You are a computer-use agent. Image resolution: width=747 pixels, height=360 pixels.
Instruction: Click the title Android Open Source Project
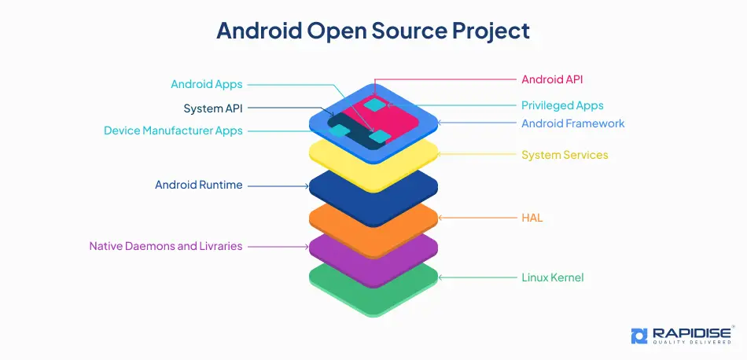click(373, 31)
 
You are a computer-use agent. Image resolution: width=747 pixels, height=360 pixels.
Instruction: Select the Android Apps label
click(207, 84)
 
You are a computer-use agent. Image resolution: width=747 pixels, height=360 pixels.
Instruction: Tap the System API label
click(213, 108)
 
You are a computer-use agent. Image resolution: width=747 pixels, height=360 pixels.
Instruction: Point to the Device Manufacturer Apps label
click(173, 130)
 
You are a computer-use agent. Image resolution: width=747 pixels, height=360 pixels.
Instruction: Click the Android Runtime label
click(199, 185)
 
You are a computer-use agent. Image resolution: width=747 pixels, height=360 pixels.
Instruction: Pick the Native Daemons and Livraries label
click(166, 246)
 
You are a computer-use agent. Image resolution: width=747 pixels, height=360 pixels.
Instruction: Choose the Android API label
click(552, 79)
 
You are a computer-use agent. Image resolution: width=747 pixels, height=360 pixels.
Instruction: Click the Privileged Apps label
click(562, 105)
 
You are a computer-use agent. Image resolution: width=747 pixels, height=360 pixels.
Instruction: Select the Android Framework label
click(573, 123)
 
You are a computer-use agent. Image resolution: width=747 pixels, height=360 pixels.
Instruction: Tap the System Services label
click(565, 155)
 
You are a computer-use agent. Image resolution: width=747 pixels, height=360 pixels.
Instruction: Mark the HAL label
click(532, 217)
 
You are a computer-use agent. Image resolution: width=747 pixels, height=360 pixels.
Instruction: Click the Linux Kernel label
click(553, 277)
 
